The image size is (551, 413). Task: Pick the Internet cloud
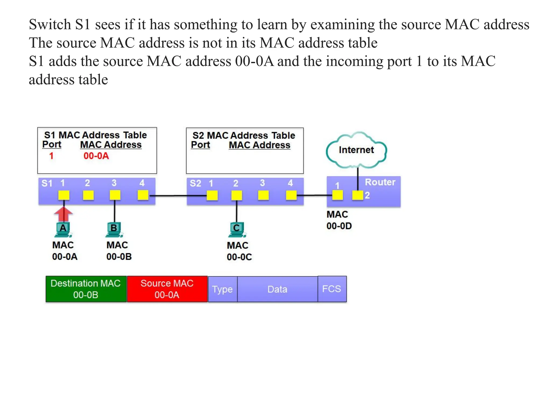(356, 150)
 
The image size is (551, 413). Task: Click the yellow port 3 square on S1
(115, 195)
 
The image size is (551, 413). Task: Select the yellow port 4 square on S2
(291, 195)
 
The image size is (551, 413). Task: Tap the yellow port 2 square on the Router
(358, 195)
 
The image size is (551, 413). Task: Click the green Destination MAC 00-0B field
(86, 289)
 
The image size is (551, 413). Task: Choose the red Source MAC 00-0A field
(167, 289)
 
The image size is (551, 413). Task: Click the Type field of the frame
(222, 289)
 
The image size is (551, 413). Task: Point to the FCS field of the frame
(332, 289)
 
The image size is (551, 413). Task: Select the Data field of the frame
(277, 289)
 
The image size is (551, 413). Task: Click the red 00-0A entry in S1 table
(96, 156)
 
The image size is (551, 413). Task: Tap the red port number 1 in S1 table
(51, 156)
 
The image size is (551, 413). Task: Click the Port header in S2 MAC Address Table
(200, 145)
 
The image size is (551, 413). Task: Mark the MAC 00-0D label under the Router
(339, 220)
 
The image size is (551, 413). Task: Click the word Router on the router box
(380, 182)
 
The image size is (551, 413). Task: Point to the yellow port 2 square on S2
(236, 195)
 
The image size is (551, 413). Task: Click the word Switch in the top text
(50, 24)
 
